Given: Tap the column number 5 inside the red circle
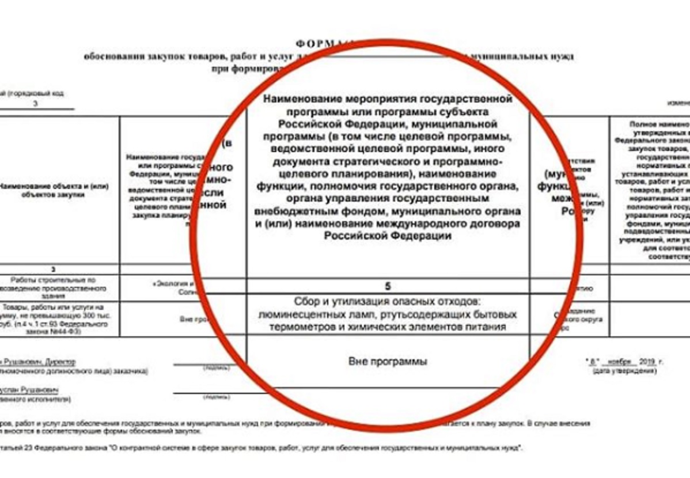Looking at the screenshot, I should pyautogui.click(x=388, y=286).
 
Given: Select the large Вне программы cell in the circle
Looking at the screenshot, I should pyautogui.click(x=388, y=362).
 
